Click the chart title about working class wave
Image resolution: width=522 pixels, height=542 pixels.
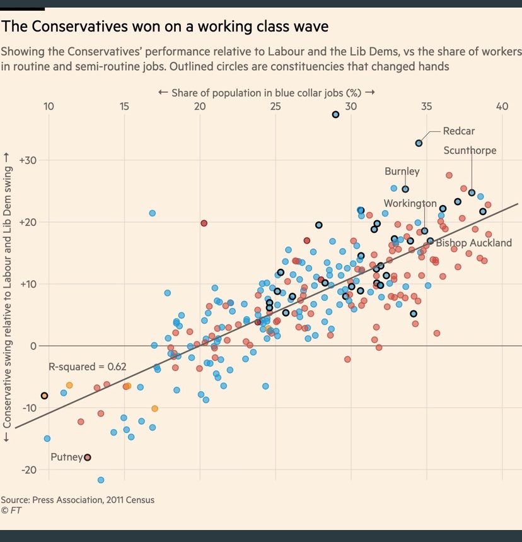coord(165,27)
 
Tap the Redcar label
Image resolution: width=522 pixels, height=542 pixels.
coord(458,131)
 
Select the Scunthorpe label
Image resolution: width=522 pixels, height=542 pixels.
coord(470,150)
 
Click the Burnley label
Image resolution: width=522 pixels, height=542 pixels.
coord(402,172)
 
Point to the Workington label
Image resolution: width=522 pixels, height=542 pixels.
coord(410,203)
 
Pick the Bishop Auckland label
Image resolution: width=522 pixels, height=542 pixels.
coord(473,243)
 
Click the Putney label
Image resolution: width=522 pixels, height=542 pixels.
coord(66,456)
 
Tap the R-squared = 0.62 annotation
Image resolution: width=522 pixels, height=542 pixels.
coord(88,367)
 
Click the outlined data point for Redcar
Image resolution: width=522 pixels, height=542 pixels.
coord(419,143)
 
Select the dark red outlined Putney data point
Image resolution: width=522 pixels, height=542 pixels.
coord(88,457)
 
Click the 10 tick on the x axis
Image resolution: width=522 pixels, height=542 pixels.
coord(49,106)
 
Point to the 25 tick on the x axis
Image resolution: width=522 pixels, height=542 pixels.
coord(275,106)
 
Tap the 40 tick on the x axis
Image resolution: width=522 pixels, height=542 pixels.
coord(502,106)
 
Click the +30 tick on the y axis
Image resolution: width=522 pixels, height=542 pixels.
coord(29,161)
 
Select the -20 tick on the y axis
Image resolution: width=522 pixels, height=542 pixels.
coord(29,470)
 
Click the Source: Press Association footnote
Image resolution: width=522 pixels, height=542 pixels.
coord(78,500)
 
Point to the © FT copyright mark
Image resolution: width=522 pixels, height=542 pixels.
coord(11,510)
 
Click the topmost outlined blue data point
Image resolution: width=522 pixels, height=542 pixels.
coord(335,114)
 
